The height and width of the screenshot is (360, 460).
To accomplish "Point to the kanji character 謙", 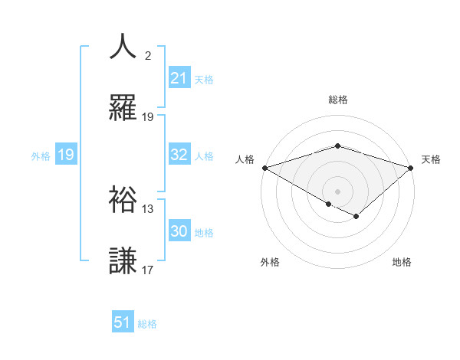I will tap(123, 260).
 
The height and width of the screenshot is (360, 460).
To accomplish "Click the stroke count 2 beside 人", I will tap(148, 56).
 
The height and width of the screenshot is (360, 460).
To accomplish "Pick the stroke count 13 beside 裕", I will tap(148, 209).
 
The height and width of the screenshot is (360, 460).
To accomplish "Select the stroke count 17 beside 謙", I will tap(148, 270).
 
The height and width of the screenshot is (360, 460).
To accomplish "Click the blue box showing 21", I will tap(179, 78).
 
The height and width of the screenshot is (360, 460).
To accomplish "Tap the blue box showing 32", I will tap(179, 155).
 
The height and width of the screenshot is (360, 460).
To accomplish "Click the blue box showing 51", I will tap(123, 322).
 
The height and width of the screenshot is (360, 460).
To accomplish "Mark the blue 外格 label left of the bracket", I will tap(41, 155).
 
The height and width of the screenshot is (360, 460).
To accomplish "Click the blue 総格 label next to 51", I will tap(147, 323).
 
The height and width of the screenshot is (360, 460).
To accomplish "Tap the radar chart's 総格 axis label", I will tap(337, 100).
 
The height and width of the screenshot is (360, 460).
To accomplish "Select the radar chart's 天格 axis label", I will tap(432, 159).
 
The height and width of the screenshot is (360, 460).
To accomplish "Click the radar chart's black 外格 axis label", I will tap(270, 263).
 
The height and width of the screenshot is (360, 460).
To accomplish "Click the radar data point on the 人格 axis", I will tap(264, 167).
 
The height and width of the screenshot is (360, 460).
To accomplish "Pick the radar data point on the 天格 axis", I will tap(411, 167).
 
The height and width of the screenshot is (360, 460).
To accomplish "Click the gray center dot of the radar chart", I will tap(337, 191).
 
